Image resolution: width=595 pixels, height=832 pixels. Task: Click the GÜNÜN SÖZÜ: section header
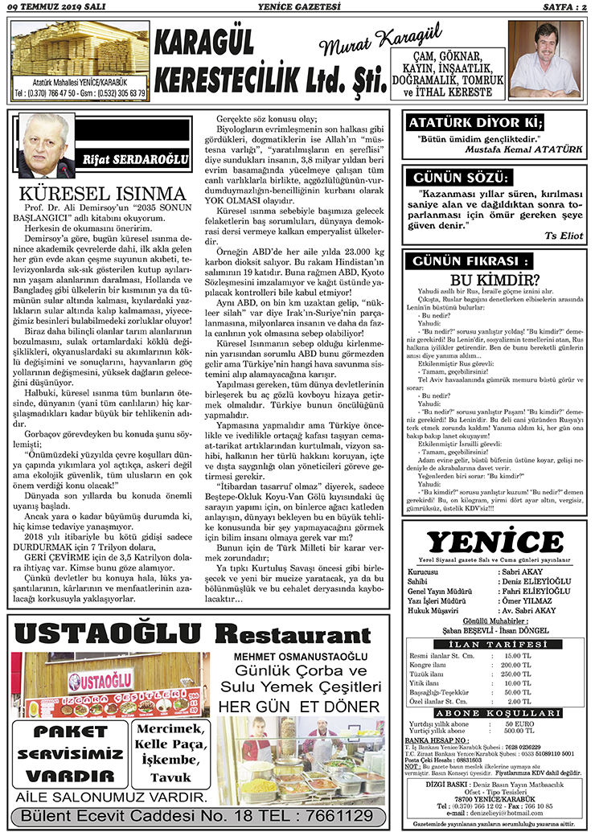(x=459, y=178)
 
